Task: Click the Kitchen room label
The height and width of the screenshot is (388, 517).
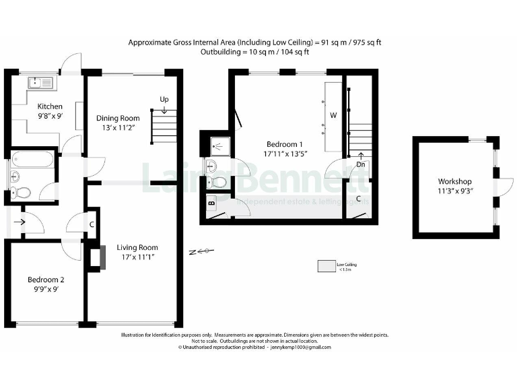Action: coord(50,106)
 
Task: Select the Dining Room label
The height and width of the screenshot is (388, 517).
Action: coord(117,118)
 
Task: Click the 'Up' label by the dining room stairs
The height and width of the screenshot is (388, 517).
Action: coord(164,100)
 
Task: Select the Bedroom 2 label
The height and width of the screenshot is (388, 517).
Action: coord(46,280)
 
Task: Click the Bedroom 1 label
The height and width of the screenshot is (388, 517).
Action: coord(285,144)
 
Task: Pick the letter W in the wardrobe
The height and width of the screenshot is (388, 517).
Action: coord(333,115)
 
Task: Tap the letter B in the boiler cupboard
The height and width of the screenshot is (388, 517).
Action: coord(211,202)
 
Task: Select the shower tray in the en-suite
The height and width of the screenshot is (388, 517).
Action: coord(217,145)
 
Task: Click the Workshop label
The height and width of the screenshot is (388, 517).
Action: coord(454,181)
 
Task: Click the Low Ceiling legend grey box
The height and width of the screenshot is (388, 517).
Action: coord(326,265)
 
